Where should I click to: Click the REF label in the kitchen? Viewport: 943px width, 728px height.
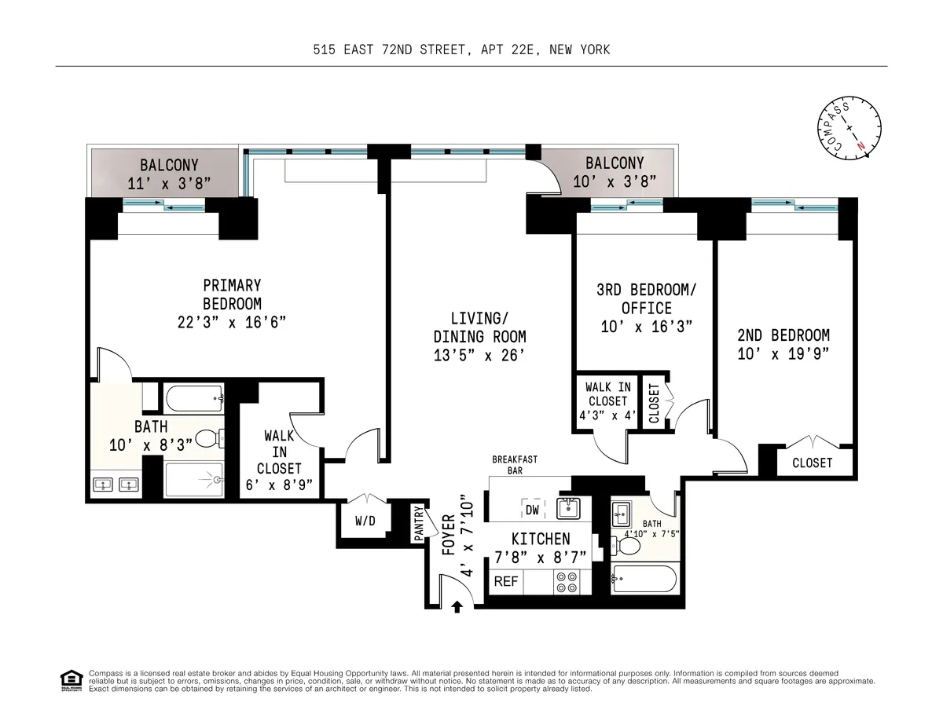(x=506, y=582)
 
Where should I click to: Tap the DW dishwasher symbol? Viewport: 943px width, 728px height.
(x=532, y=510)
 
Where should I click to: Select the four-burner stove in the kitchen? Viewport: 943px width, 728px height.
(x=566, y=582)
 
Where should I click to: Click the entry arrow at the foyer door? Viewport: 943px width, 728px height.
(x=457, y=605)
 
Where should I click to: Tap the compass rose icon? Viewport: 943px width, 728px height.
(x=847, y=130)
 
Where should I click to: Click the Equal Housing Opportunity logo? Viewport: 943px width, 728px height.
(x=71, y=679)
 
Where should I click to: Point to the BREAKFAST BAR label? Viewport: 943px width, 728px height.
(x=515, y=466)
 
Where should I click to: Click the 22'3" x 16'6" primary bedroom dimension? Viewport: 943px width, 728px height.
(x=232, y=322)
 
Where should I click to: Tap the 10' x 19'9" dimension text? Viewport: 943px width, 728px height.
(x=783, y=353)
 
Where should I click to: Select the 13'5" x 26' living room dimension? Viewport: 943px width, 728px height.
(x=479, y=356)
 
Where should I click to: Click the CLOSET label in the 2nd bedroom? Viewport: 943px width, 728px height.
(x=812, y=463)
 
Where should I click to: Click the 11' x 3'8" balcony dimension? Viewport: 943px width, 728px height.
(x=169, y=184)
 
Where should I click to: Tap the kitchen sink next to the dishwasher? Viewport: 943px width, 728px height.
(x=567, y=509)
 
